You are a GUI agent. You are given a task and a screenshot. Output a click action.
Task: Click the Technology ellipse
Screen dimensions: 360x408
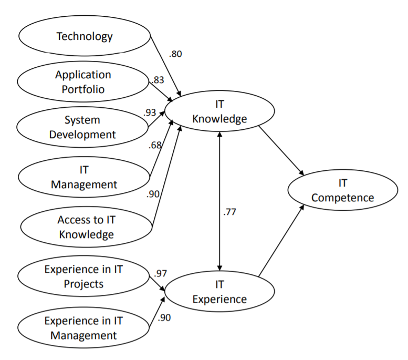(84, 36)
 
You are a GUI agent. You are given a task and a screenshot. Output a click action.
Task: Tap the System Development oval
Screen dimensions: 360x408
(82, 127)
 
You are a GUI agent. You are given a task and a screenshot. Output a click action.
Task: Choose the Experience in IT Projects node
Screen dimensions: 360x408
(84, 277)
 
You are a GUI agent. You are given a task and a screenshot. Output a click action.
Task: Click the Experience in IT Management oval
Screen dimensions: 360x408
(84, 328)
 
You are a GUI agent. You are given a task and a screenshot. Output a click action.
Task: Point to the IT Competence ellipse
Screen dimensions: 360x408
(342, 190)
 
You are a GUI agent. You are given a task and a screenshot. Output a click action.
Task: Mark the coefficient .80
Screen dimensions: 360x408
(175, 54)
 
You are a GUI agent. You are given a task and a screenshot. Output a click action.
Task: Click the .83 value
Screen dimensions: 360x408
(157, 80)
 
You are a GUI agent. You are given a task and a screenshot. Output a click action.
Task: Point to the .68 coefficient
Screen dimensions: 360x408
(155, 145)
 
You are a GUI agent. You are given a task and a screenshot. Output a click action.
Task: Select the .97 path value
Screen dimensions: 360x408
(160, 273)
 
